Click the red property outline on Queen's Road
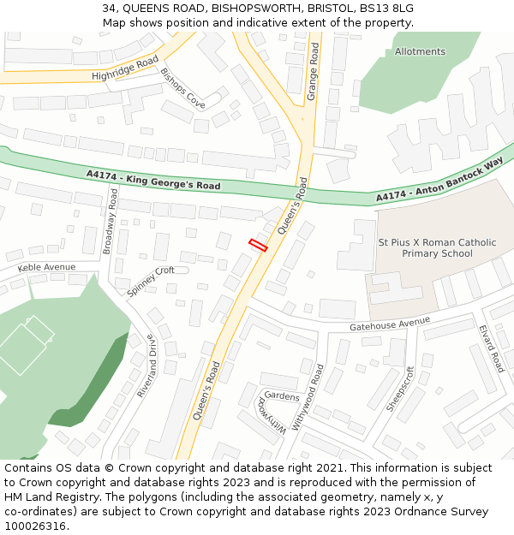[x=258, y=245]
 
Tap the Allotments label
[x=420, y=51]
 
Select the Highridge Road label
[x=125, y=69]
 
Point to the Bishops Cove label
[x=183, y=88]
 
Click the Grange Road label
[x=313, y=74]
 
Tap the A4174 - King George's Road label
[x=153, y=180]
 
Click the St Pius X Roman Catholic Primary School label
[x=437, y=247]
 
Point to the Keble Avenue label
[x=46, y=268]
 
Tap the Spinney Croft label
[x=151, y=282]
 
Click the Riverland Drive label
[x=146, y=366]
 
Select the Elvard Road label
[x=492, y=348]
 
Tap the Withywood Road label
[x=308, y=397]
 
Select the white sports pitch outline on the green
[x=26, y=345]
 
